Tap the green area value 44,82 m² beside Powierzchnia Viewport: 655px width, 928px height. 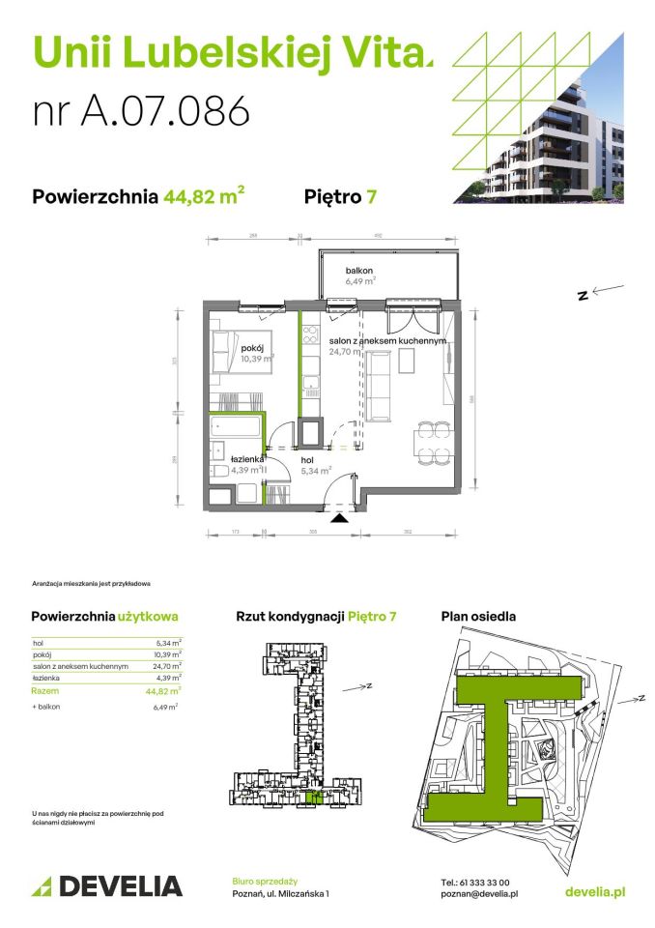(x=203, y=197)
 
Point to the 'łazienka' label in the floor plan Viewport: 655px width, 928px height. (x=247, y=459)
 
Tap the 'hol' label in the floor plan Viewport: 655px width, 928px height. (x=307, y=460)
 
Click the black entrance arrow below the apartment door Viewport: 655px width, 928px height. (x=337, y=519)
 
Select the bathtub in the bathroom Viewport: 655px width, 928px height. (x=237, y=427)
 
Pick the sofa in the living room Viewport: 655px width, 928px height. (x=376, y=386)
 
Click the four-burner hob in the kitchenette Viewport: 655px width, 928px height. (x=310, y=337)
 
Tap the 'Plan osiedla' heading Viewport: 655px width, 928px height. (x=478, y=616)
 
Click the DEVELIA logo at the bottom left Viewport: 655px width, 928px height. (x=107, y=885)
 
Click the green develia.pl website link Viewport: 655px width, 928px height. (x=593, y=891)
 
